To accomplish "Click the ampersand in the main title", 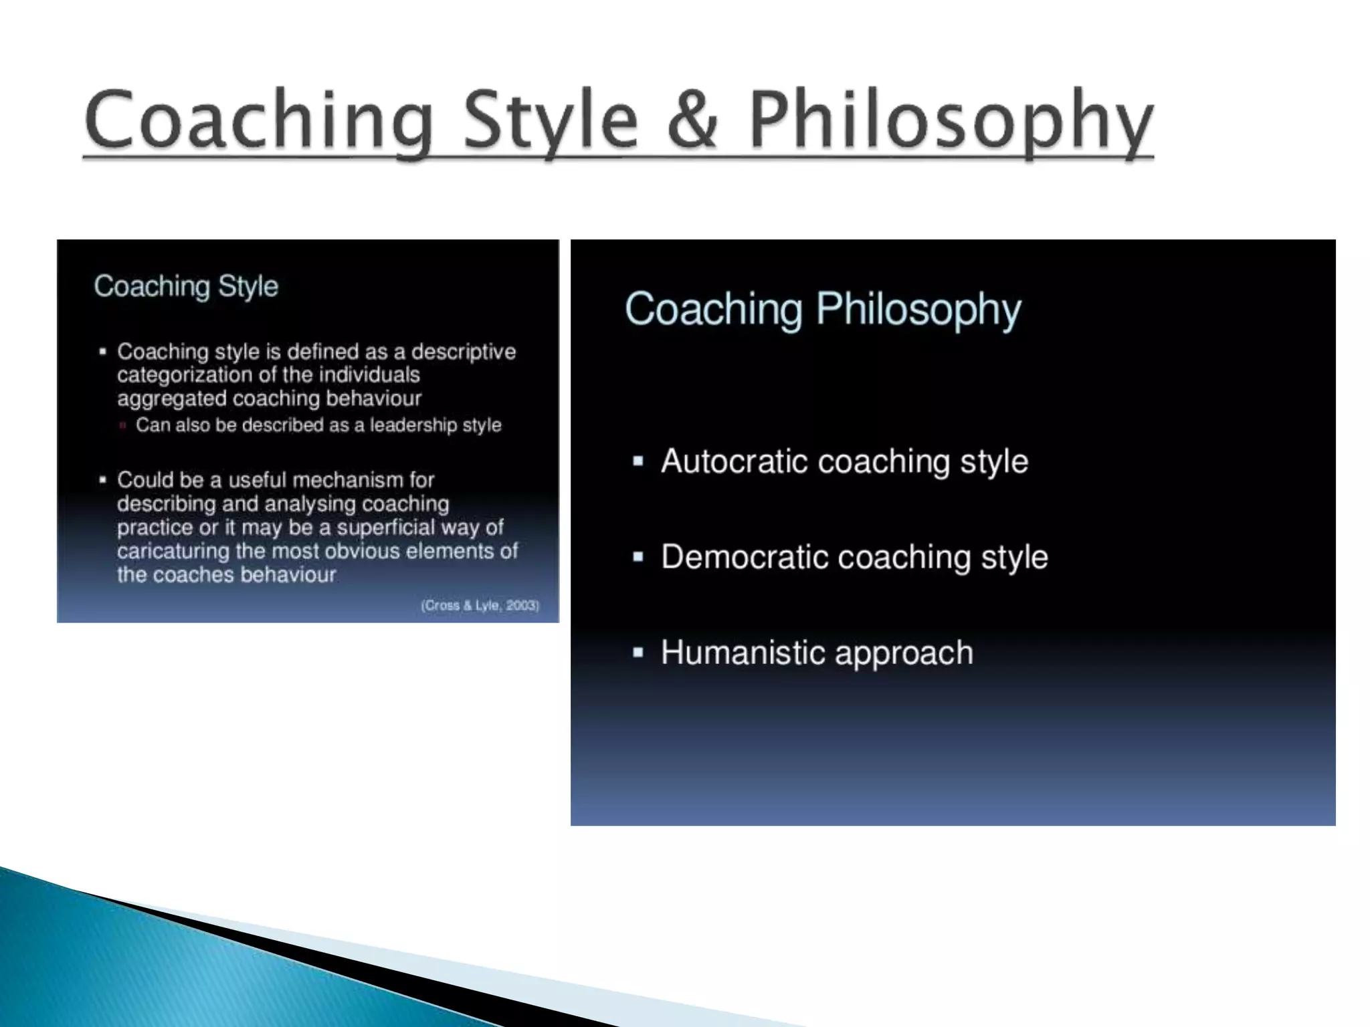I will click(692, 120).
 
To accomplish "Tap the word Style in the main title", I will click(550, 120).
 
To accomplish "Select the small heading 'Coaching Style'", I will click(186, 286).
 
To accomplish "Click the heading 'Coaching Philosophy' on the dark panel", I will click(823, 309).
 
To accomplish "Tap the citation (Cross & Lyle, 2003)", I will click(480, 605).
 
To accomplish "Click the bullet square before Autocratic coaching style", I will click(638, 461).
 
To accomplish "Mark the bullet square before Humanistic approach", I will click(638, 653).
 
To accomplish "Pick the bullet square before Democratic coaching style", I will click(638, 557).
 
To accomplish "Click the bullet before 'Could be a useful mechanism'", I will click(102, 480).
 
